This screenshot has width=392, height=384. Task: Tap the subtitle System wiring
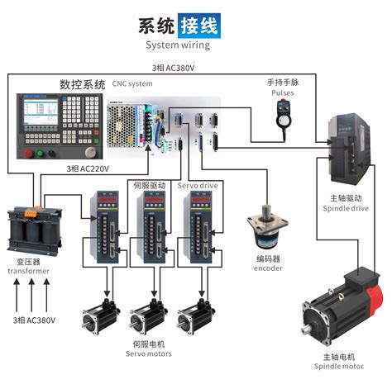point(182,45)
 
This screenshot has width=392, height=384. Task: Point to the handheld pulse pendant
point(284,117)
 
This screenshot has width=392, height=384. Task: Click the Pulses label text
point(283,92)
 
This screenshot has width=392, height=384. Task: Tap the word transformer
point(28,271)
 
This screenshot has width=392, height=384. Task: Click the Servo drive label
point(198,186)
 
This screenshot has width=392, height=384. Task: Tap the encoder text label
point(268,268)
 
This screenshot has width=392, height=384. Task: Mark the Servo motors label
point(149,353)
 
